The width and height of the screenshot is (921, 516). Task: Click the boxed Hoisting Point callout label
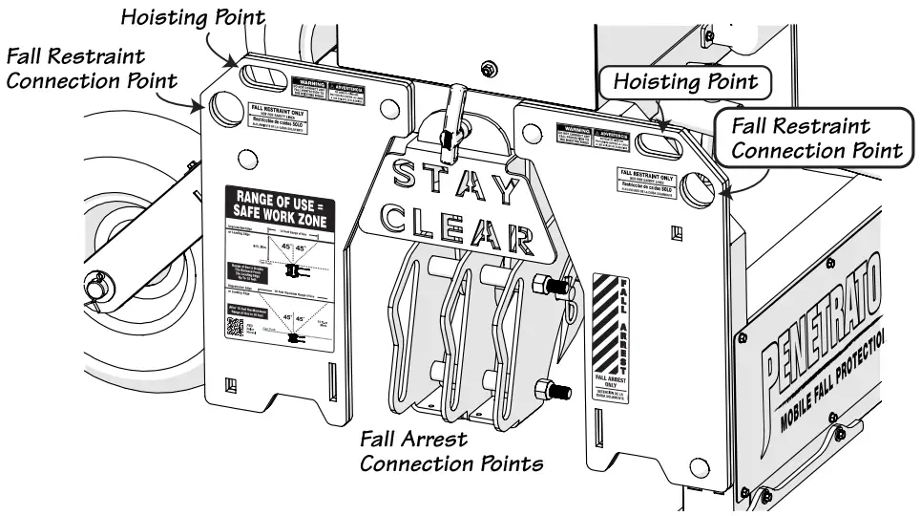tap(685, 82)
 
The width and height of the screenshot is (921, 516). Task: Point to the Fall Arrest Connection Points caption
tap(450, 452)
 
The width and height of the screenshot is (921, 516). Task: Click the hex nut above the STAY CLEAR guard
tap(489, 69)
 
